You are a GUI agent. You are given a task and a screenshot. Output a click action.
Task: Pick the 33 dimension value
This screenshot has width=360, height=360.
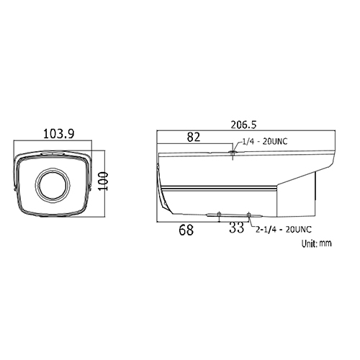click(235, 230)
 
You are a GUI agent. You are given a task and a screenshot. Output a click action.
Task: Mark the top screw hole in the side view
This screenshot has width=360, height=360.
click(232, 150)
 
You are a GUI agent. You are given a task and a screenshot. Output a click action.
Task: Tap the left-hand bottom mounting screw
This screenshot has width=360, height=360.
click(220, 216)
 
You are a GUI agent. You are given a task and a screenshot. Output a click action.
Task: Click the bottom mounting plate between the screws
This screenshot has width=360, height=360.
click(234, 214)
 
